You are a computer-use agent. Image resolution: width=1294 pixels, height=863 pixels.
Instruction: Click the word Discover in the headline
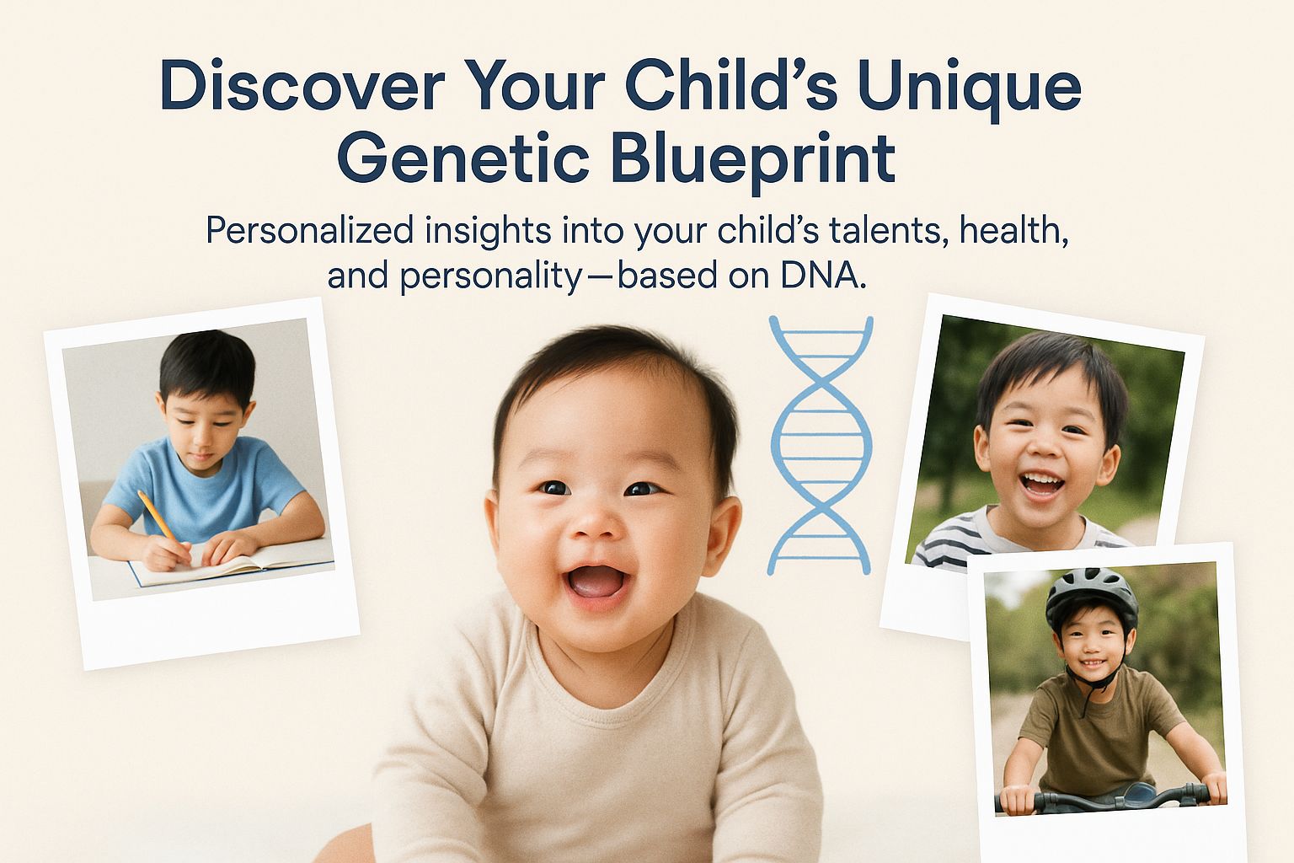[x=302, y=84]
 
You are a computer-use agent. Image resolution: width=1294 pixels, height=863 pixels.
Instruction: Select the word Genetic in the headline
[x=463, y=158]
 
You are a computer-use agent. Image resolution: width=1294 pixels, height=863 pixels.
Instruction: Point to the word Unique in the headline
[x=970, y=89]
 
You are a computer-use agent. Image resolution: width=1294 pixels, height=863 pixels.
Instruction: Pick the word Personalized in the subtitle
[x=310, y=231]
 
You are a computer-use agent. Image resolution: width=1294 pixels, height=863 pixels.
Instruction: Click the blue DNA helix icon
[x=821, y=445]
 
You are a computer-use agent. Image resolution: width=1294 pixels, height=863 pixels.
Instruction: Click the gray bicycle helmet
[x=1091, y=598]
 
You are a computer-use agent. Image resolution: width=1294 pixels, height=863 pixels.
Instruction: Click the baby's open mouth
[x=596, y=583]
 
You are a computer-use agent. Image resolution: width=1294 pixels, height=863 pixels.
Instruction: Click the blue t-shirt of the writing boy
[x=203, y=489]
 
